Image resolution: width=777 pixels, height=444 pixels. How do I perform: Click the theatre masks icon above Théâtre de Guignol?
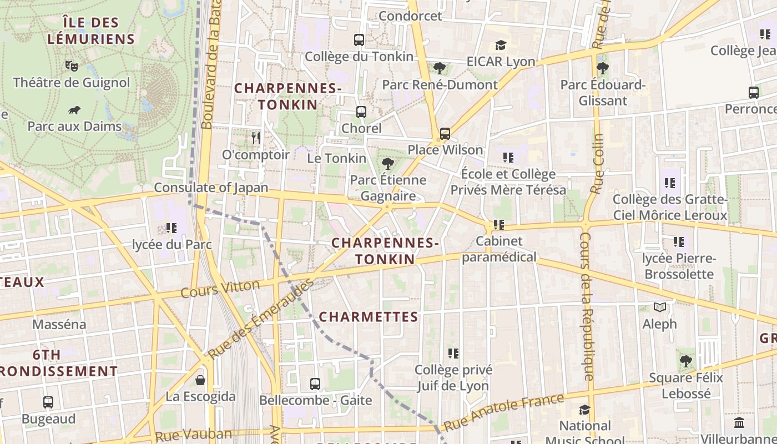(71, 65)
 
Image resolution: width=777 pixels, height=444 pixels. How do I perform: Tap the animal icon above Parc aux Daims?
(74, 110)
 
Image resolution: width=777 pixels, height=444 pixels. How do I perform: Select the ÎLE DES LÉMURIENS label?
(91, 31)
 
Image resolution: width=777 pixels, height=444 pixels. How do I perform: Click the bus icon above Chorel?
(361, 112)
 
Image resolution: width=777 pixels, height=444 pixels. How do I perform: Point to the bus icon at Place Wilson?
(445, 134)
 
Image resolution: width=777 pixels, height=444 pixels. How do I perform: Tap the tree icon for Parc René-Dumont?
(440, 68)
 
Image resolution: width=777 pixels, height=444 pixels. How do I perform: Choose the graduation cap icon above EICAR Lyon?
(501, 45)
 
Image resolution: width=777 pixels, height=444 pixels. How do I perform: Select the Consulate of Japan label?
(211, 188)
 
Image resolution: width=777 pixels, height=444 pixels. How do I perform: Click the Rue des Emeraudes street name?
(260, 319)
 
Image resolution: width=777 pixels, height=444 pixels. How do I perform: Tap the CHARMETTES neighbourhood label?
(369, 317)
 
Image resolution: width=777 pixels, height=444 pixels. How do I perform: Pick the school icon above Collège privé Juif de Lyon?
(453, 353)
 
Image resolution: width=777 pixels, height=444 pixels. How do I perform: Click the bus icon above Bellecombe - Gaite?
(315, 384)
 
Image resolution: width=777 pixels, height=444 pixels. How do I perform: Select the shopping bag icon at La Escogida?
(200, 380)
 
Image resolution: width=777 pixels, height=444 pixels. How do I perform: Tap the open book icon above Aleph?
(659, 307)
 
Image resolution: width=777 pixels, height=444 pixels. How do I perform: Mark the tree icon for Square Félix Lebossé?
(686, 361)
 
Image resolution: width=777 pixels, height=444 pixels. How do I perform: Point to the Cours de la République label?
(586, 305)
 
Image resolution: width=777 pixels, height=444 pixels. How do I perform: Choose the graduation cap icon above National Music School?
(584, 410)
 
